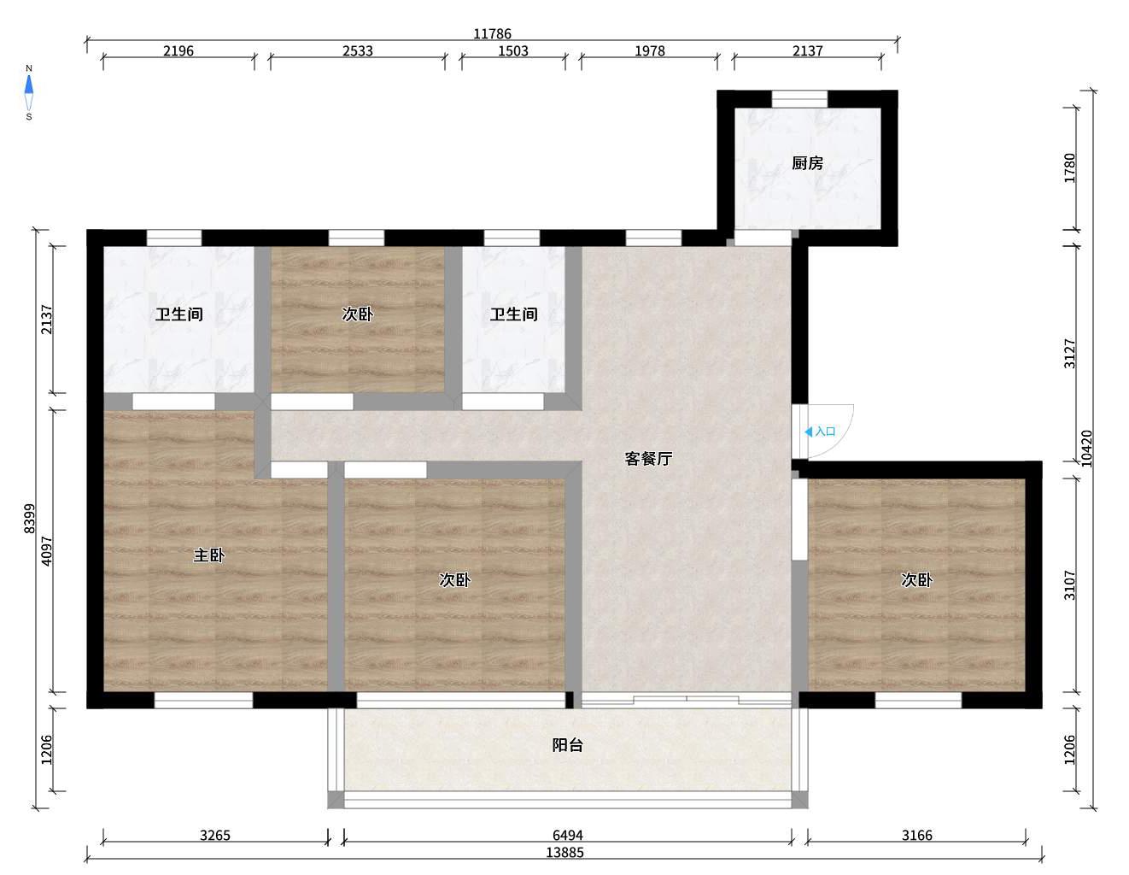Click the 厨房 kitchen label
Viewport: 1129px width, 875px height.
tap(807, 163)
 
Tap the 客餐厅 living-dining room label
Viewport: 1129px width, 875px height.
tap(648, 458)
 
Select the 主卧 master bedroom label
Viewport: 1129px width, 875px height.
tap(209, 555)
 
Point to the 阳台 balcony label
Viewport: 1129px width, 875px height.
tap(567, 745)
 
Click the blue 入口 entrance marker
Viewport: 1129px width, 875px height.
tap(821, 432)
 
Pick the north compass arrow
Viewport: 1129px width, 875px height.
tap(29, 85)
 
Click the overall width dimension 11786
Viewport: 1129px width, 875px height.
tap(492, 34)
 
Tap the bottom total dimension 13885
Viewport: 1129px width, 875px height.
tap(564, 853)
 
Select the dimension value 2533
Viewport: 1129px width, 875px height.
tap(358, 51)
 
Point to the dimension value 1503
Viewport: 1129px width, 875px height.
tap(512, 51)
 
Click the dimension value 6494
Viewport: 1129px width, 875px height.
tap(567, 836)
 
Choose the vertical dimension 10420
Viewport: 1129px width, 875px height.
tap(1086, 449)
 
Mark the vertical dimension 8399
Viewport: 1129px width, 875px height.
tap(30, 518)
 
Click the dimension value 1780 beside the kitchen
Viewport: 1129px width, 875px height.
tap(1069, 167)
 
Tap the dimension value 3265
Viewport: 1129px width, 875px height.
tap(215, 836)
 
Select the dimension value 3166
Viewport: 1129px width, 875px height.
tap(917, 836)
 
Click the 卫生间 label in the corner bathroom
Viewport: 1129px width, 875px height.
tap(178, 314)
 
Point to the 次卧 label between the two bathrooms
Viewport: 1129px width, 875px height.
tap(358, 314)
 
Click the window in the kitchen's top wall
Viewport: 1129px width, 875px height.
tap(799, 99)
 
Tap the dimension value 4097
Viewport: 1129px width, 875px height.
tap(47, 551)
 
